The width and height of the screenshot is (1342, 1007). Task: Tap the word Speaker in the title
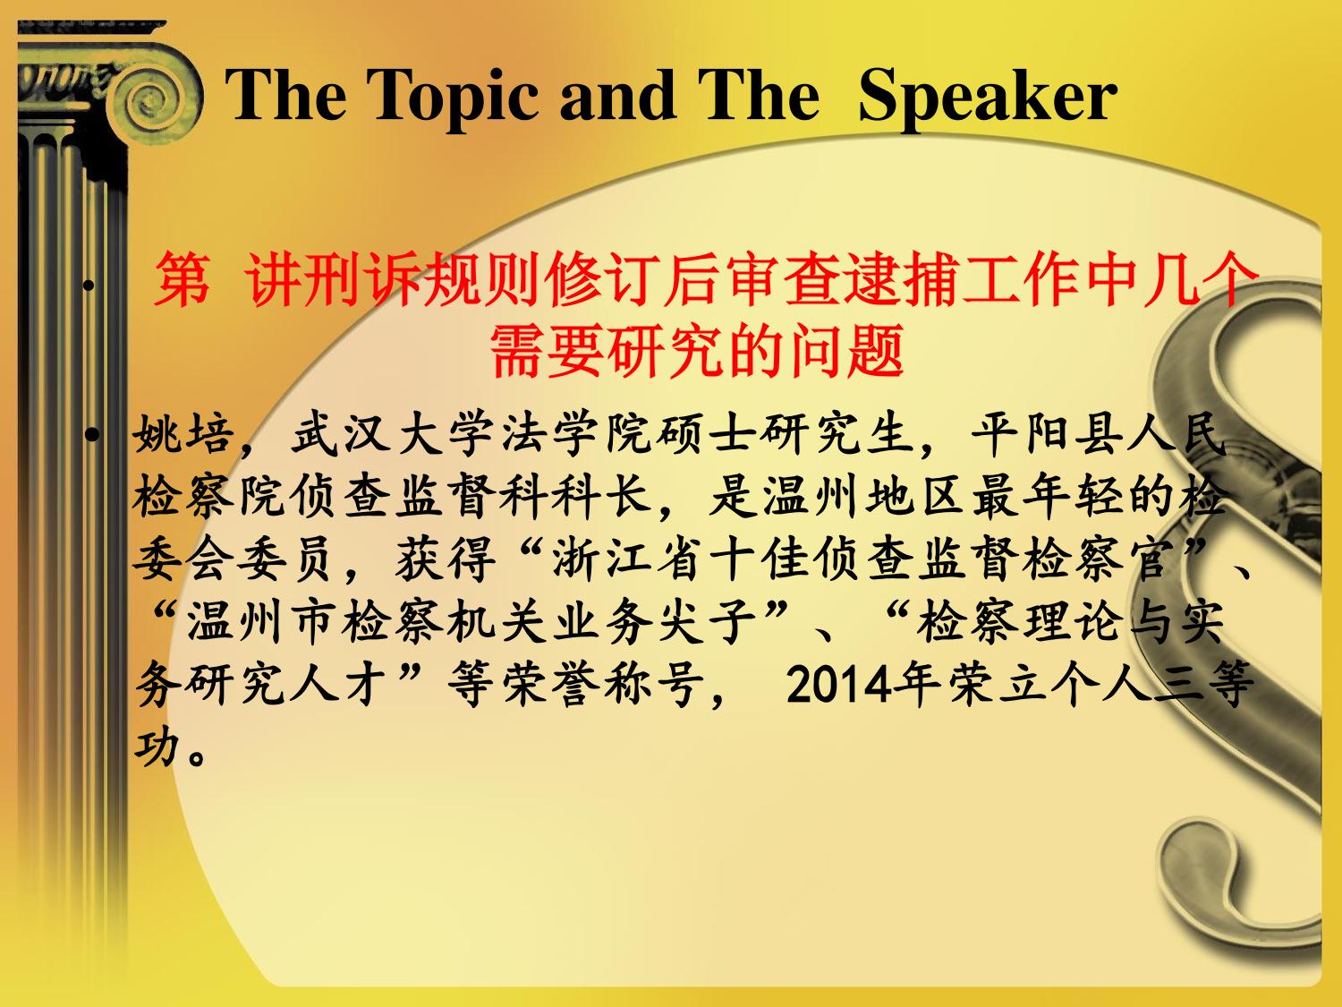pos(988,96)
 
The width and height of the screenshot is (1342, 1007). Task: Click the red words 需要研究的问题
pos(697,352)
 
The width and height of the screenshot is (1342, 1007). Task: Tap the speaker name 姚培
pos(184,435)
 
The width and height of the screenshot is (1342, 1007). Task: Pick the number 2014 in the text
pos(838,686)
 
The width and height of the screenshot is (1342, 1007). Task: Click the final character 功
pos(158,747)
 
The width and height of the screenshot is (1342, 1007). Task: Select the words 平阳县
pos(1048,435)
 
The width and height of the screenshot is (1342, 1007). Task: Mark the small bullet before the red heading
pos(89,285)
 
